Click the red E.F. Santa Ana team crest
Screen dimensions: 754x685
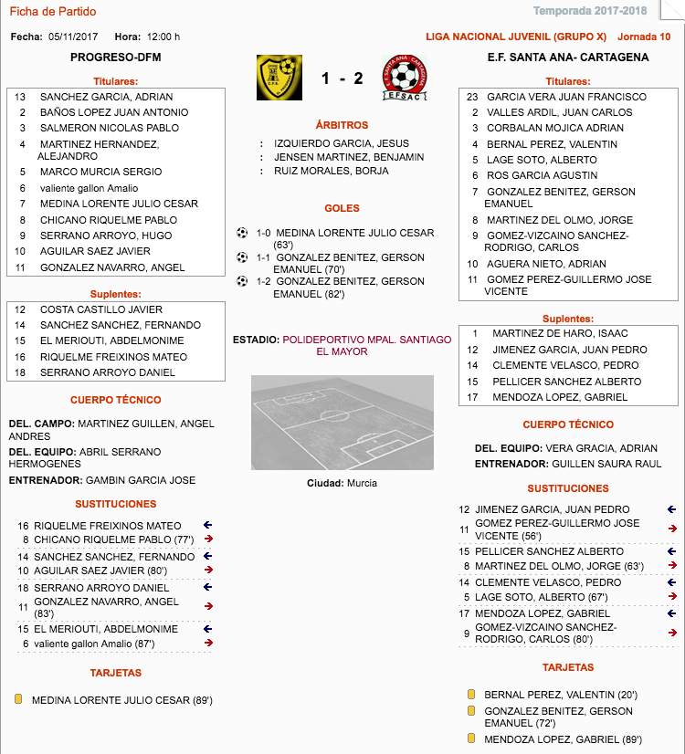click(x=405, y=78)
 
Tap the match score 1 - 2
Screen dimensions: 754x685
click(x=342, y=79)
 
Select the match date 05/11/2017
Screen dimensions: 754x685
click(x=73, y=37)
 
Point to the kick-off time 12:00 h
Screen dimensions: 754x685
click(x=163, y=37)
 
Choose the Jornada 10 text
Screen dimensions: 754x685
click(x=644, y=37)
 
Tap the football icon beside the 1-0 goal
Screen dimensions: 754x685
click(x=242, y=233)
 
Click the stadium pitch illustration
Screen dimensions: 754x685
click(x=342, y=423)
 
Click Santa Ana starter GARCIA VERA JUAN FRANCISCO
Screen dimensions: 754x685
click(x=566, y=97)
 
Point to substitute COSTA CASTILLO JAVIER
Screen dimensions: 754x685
click(x=100, y=309)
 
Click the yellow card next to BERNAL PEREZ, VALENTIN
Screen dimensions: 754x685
click(x=471, y=695)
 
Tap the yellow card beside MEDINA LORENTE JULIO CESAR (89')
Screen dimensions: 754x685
click(x=18, y=700)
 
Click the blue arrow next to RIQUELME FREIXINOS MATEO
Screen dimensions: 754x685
click(x=207, y=526)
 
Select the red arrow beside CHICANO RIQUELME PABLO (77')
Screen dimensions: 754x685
click(x=207, y=539)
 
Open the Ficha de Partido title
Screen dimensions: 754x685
click(x=52, y=12)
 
